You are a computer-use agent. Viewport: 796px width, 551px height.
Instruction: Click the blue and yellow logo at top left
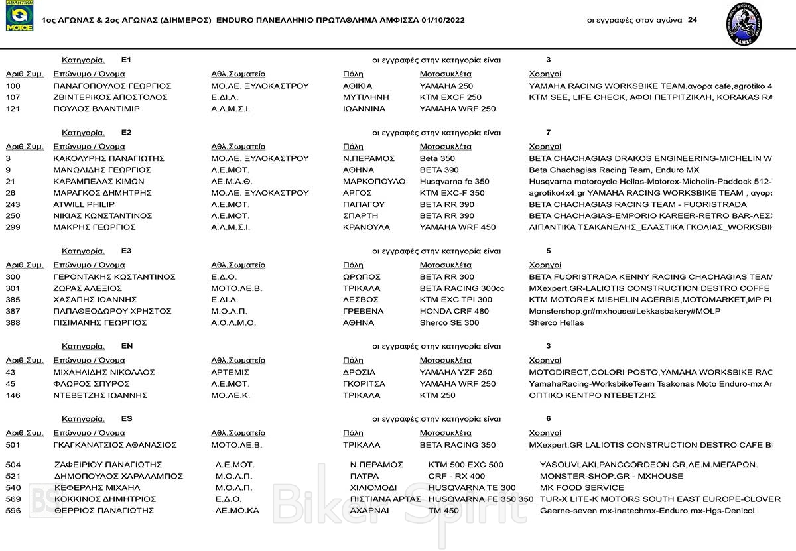click(x=19, y=17)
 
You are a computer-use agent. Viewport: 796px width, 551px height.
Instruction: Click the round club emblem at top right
click(x=744, y=20)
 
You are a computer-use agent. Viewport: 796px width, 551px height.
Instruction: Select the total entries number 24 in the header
click(x=693, y=20)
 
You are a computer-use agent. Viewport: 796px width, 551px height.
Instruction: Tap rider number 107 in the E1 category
click(x=13, y=97)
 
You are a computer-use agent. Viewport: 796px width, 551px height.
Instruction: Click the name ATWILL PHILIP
click(x=84, y=204)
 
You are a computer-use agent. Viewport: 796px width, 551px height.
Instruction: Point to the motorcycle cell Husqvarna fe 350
click(x=454, y=182)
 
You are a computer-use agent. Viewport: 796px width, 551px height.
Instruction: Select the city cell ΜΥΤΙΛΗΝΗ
click(x=366, y=97)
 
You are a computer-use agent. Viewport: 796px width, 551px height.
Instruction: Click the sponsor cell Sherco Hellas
click(x=557, y=323)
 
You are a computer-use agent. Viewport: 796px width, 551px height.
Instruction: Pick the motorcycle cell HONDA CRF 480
click(x=454, y=312)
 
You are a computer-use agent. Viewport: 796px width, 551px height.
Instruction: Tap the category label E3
click(x=127, y=251)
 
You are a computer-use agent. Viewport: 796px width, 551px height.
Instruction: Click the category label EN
click(x=127, y=346)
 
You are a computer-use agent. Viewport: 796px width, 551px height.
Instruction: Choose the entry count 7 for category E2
click(x=549, y=133)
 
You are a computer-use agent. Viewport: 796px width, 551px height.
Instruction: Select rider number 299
click(x=13, y=227)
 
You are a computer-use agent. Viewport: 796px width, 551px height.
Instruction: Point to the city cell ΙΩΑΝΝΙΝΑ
click(x=364, y=109)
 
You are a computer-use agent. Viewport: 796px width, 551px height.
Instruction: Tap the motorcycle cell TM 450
click(x=444, y=511)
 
